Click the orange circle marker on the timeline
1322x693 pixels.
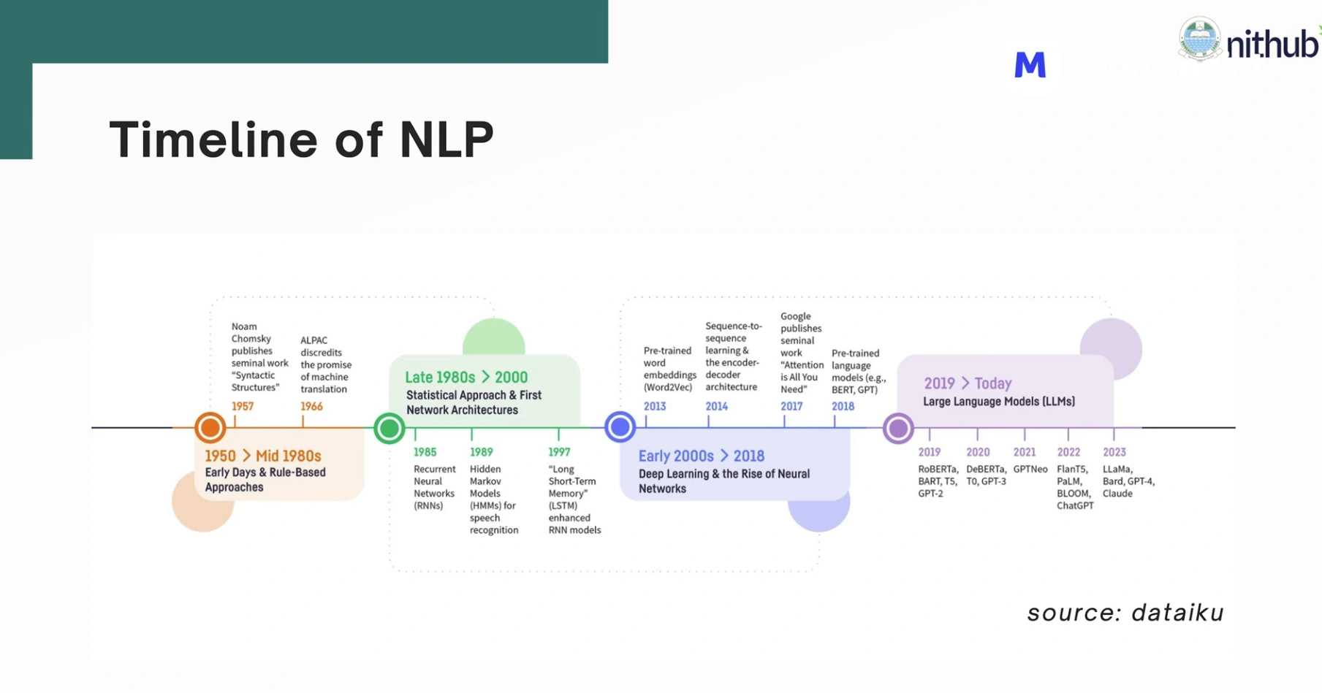tap(210, 427)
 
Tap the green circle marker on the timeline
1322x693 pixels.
tap(389, 427)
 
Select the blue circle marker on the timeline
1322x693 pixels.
tap(620, 426)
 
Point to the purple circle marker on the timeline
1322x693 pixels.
tap(898, 428)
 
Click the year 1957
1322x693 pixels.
tap(243, 407)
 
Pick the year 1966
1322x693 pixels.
tap(311, 407)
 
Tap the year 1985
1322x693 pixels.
tap(425, 453)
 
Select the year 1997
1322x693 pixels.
tap(559, 453)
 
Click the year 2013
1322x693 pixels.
tap(655, 407)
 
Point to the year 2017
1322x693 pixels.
tap(791, 407)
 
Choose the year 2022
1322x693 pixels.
tap(1068, 453)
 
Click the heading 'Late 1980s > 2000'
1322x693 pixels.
tap(466, 378)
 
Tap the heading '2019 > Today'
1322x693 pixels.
tap(968, 383)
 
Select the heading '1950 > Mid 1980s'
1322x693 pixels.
tap(263, 456)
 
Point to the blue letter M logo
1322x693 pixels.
tap(1030, 65)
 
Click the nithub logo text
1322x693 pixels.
tap(1272, 45)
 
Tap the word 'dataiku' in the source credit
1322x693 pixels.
tap(1177, 613)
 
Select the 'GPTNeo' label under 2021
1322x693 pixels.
tap(1030, 470)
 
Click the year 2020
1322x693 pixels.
tap(978, 453)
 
